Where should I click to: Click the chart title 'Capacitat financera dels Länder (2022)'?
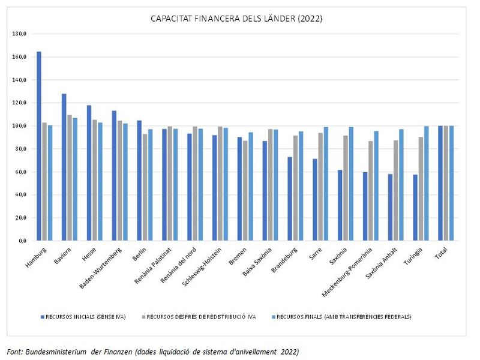point(236,19)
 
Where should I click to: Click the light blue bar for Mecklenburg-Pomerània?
point(376,185)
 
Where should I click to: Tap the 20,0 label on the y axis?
point(20,218)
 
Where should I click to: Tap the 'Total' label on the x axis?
point(441,253)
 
